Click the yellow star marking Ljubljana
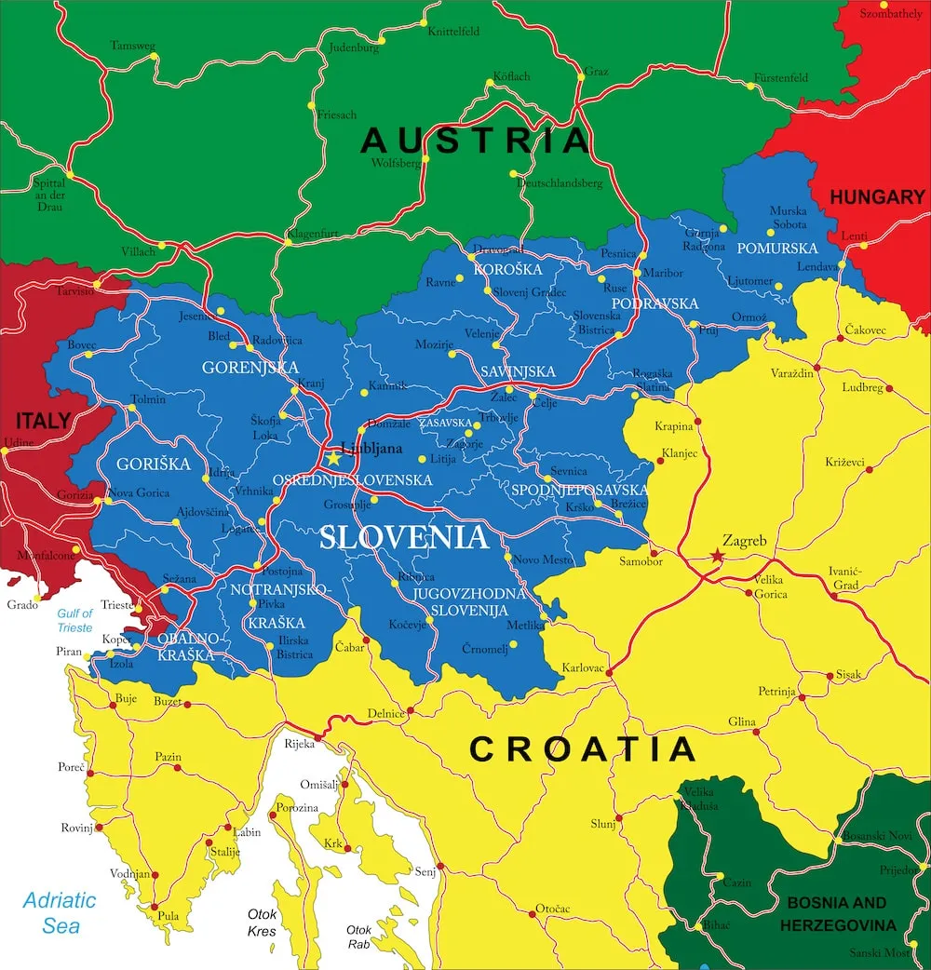pos(333,458)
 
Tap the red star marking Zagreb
pos(717,556)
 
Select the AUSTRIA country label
pos(476,141)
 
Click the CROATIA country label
pos(582,749)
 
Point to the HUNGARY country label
pos(877,197)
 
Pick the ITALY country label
pos(42,421)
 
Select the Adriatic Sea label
pos(60,912)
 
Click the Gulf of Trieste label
pos(74,620)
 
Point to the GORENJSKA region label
pos(250,368)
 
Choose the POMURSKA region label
pos(777,249)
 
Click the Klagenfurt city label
pos(313,234)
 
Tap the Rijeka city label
pos(299,743)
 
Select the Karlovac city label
pos(584,668)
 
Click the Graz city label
pos(597,70)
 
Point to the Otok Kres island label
pos(263,922)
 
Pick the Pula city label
pos(169,915)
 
